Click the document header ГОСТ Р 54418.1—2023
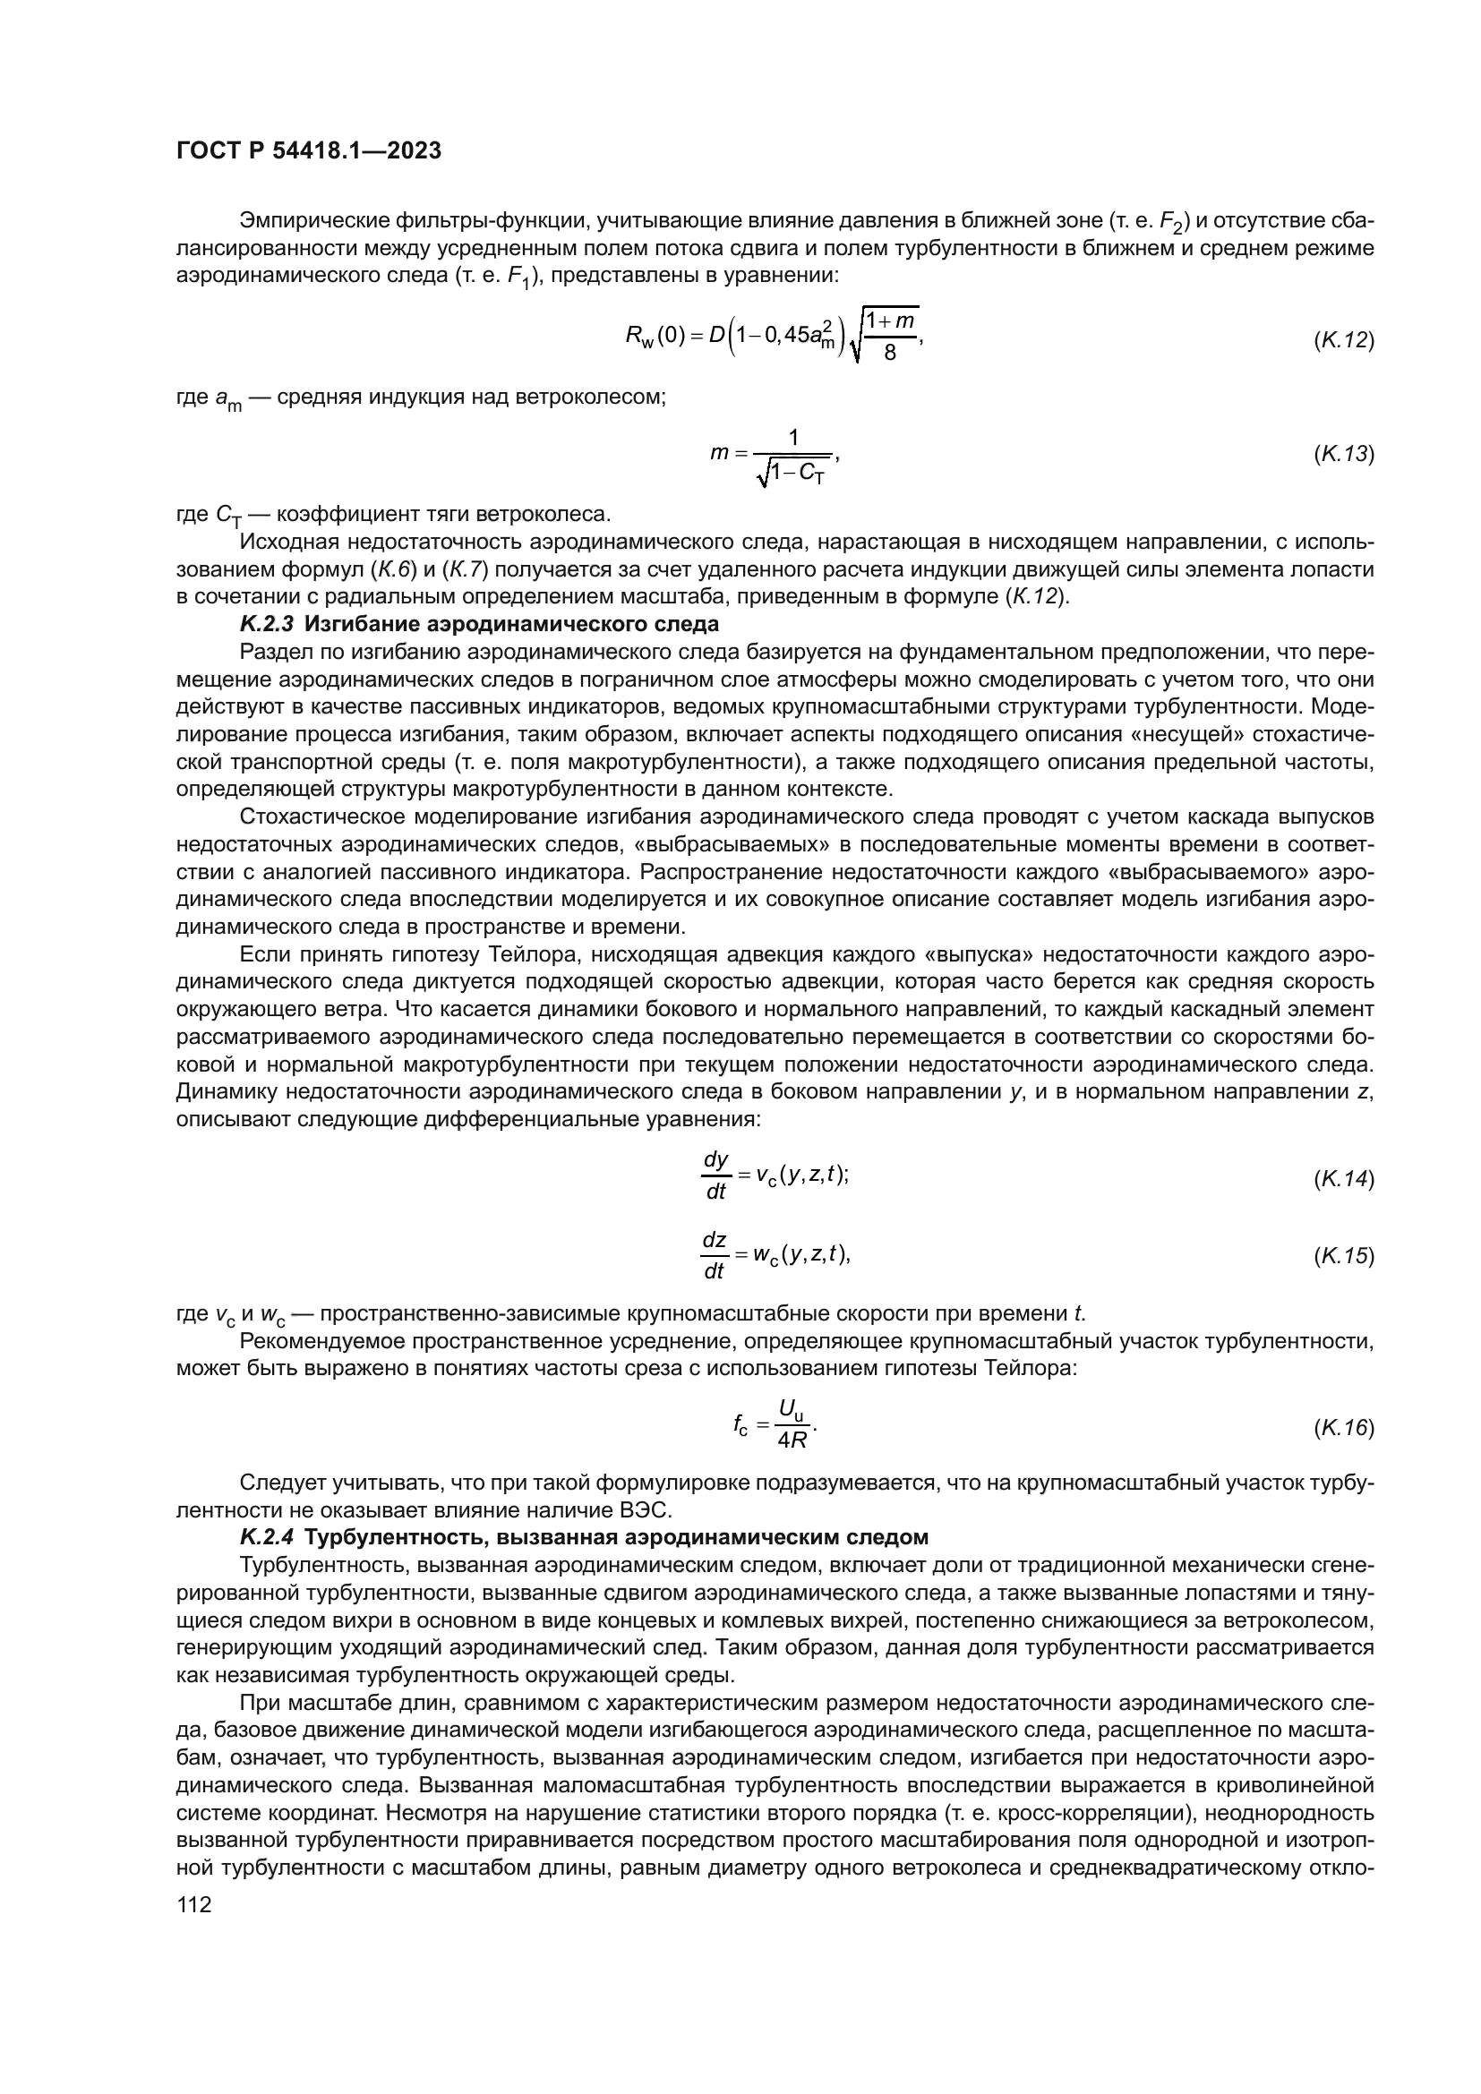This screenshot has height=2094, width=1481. click(x=308, y=151)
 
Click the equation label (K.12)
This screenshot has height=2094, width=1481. click(x=1343, y=340)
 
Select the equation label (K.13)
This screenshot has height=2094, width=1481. click(x=1343, y=453)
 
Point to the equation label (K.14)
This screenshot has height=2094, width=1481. click(x=1343, y=1178)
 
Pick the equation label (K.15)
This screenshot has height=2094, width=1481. click(x=1343, y=1256)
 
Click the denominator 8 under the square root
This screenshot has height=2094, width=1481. click(x=890, y=353)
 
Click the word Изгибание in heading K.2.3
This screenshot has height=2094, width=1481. click(x=349, y=624)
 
